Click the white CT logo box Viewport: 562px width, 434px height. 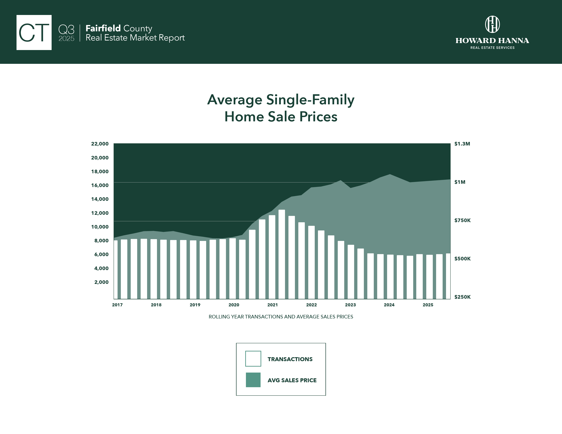[x=34, y=32]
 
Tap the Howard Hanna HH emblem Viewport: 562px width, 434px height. [x=492, y=25]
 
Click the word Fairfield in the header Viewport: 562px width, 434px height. [x=103, y=28]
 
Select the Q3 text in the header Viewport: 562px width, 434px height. [x=66, y=30]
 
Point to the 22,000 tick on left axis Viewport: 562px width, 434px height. [x=100, y=144]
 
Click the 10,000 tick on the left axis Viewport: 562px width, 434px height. [x=100, y=227]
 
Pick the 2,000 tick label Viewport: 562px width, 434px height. [x=101, y=282]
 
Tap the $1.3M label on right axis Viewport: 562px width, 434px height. [x=462, y=144]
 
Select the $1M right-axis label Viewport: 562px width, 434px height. [x=460, y=182]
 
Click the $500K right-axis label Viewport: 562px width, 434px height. [x=462, y=259]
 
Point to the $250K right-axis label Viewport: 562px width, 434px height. [x=462, y=297]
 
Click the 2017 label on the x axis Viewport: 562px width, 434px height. [x=117, y=305]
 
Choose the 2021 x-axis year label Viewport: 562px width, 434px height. [x=272, y=305]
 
